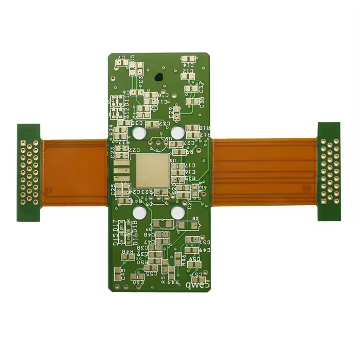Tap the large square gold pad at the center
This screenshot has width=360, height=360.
pyautogui.click(x=152, y=170)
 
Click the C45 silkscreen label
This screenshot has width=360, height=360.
pyautogui.click(x=122, y=273)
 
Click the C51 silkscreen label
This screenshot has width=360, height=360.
pyautogui.click(x=204, y=241)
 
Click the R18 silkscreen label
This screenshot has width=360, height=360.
pyautogui.click(x=205, y=127)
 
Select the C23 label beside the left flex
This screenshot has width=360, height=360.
pyautogui.click(x=112, y=152)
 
